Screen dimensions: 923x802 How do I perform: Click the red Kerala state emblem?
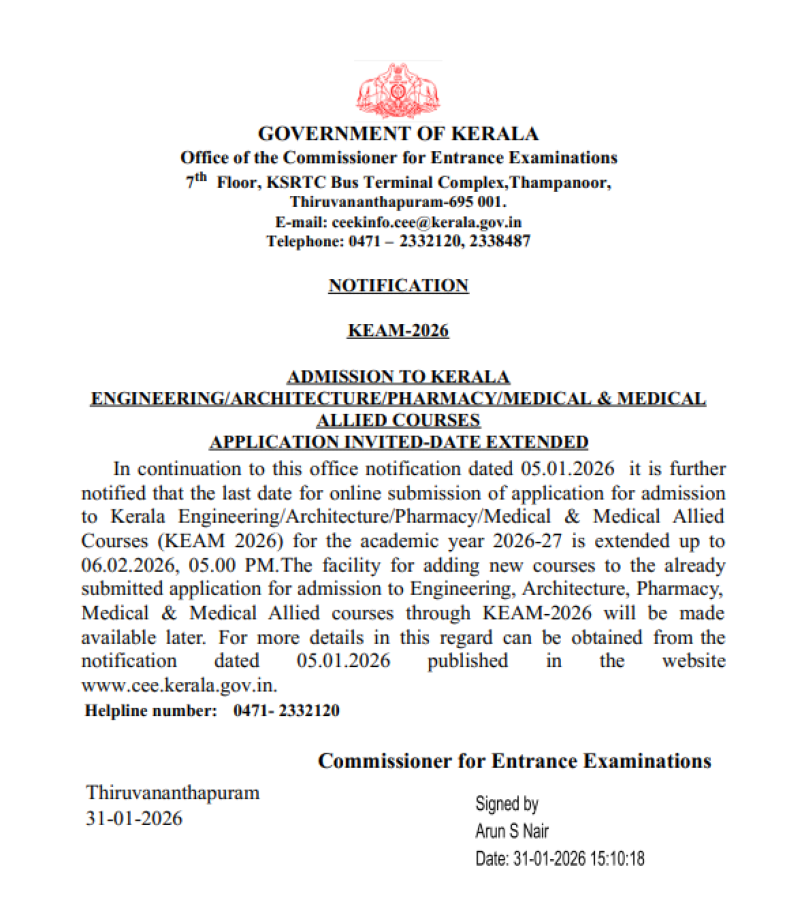[398, 91]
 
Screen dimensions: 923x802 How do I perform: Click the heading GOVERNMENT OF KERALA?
[398, 134]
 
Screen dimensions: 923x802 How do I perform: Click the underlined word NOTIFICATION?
[398, 286]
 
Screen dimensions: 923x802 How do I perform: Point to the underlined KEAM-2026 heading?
[398, 330]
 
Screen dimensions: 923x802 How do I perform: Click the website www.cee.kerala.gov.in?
[179, 685]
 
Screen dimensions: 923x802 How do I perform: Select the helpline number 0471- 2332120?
[286, 710]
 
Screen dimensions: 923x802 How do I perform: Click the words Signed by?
[507, 804]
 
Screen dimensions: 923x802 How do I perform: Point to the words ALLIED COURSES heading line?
[398, 420]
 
